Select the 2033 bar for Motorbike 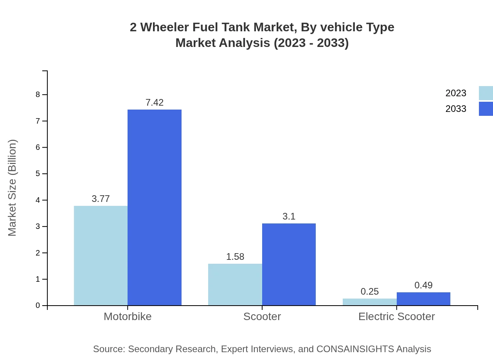(155, 207)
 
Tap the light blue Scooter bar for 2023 (235, 284)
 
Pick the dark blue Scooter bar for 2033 (289, 264)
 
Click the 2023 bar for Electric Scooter (369, 302)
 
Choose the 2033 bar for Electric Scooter (423, 299)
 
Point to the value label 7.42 (155, 103)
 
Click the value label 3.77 (101, 199)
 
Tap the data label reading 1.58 (235, 257)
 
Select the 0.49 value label (423, 285)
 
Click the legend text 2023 (455, 93)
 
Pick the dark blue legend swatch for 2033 (486, 109)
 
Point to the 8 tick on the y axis (38, 94)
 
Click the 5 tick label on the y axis (38, 173)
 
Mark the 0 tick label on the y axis (38, 305)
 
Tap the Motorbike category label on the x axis (128, 316)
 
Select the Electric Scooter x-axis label (396, 316)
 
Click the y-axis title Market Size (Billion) (12, 188)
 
